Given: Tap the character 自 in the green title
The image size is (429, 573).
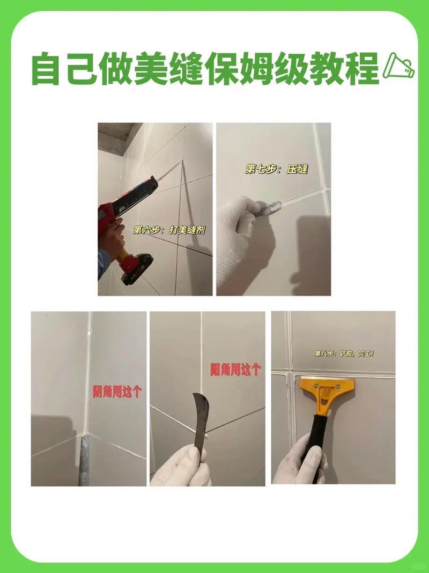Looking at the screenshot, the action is point(46,69).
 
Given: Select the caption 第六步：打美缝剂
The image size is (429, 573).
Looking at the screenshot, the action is point(169,230).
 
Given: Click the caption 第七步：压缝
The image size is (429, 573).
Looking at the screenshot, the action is point(277,169).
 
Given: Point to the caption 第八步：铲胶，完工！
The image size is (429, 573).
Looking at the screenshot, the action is point(344,353).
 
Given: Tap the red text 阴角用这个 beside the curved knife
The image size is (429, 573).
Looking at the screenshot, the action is point(235,369).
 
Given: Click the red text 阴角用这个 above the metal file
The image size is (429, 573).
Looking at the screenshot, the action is point(117,391).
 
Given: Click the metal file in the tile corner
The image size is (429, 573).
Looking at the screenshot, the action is point(84,458).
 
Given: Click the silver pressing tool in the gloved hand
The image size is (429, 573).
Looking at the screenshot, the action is point(268,209).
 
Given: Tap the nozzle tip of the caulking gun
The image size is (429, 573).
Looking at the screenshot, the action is point(180,161).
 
